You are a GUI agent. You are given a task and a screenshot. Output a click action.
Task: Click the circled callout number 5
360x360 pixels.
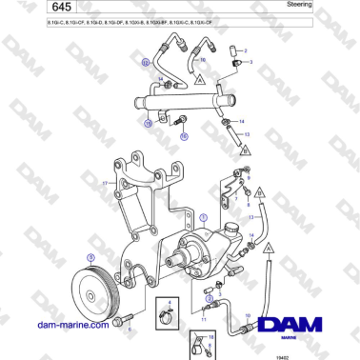pyautogui.click(x=90, y=257)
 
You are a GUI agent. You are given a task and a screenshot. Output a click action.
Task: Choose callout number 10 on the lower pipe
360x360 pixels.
pyautogui.click(x=249, y=313)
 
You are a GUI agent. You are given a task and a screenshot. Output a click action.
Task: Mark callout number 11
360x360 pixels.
pyautogui.click(x=203, y=320)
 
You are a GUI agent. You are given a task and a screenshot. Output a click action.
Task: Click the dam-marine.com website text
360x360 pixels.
pyautogui.click(x=73, y=325)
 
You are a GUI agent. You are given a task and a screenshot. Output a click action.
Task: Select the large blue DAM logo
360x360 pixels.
pyautogui.click(x=302, y=324)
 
